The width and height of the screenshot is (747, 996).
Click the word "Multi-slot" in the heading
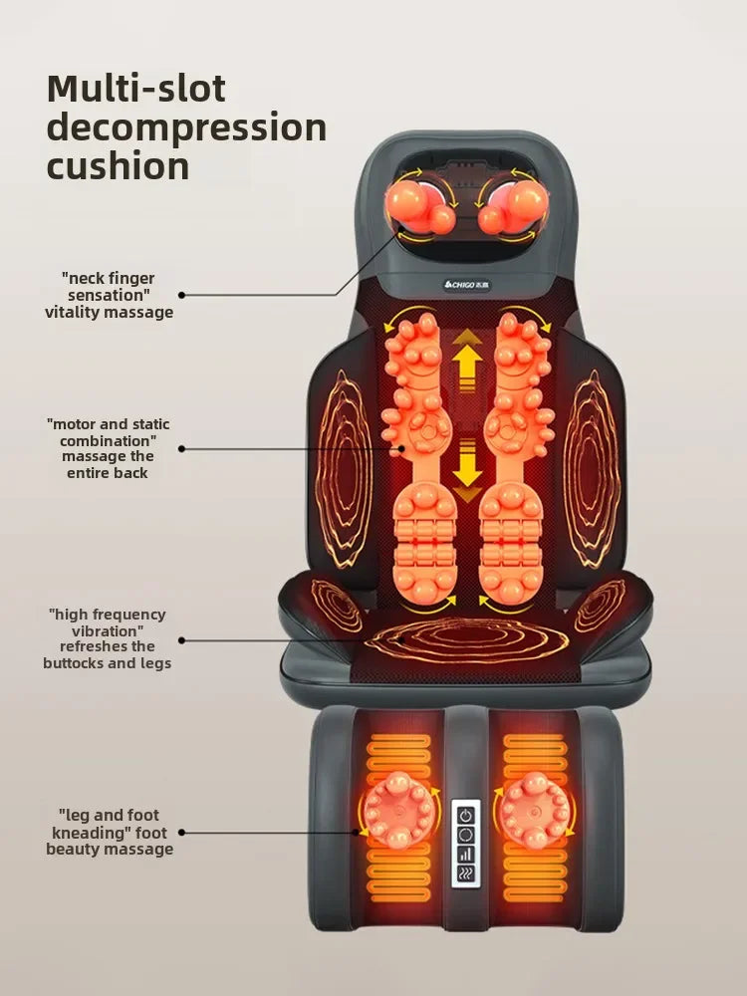click(136, 90)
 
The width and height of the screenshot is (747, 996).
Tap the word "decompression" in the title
click(186, 127)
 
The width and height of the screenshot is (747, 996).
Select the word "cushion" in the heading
click(118, 165)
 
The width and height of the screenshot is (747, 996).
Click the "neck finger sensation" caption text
click(110, 295)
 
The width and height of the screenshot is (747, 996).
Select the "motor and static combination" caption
click(108, 448)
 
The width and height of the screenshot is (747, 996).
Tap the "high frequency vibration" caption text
click(107, 638)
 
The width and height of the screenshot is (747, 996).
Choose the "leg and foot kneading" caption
click(109, 832)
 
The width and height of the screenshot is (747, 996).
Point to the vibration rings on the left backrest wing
click(344, 468)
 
